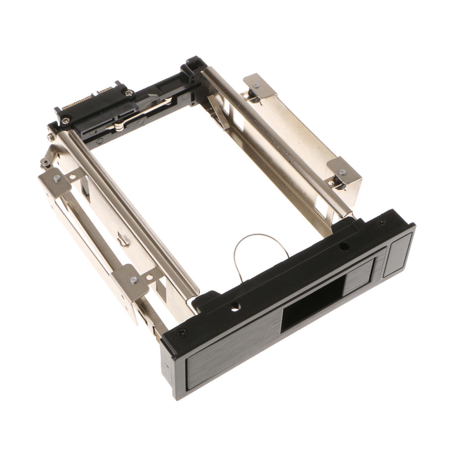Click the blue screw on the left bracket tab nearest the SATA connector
tap(57, 178)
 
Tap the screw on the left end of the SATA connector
tap(65, 120)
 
